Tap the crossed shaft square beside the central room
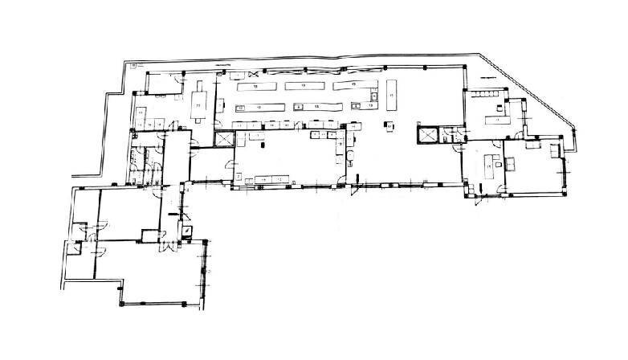(224, 138)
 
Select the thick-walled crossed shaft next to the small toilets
(427, 134)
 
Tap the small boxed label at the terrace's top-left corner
(133, 62)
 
